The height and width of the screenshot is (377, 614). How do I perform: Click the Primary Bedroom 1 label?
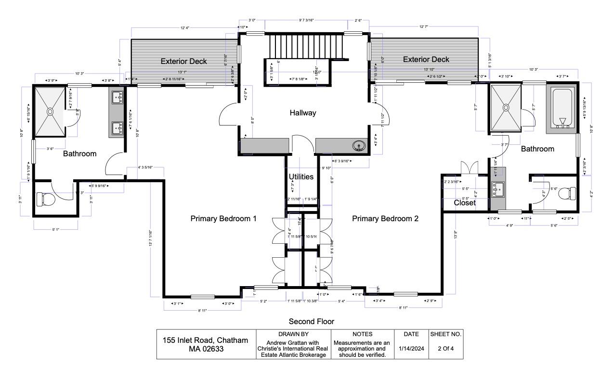click(x=223, y=218)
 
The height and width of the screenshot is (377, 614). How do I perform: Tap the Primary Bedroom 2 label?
click(x=385, y=218)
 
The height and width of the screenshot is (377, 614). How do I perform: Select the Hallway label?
click(x=303, y=113)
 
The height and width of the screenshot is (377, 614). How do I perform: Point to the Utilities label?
click(x=301, y=176)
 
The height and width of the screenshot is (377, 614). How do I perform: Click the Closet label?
click(x=465, y=203)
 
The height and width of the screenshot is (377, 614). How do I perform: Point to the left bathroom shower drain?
click(x=50, y=111)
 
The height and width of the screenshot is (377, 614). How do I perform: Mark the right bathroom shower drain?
click(x=506, y=107)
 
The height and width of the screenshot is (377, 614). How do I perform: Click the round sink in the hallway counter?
click(x=358, y=146)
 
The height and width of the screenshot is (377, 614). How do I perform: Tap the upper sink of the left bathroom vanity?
click(x=117, y=98)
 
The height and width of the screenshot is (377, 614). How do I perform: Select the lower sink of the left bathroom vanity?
click(x=117, y=128)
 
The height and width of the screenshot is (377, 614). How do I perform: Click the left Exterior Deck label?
click(x=183, y=61)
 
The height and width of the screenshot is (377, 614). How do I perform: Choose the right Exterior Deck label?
click(x=426, y=60)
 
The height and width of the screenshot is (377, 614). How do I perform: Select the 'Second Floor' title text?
click(x=311, y=321)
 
